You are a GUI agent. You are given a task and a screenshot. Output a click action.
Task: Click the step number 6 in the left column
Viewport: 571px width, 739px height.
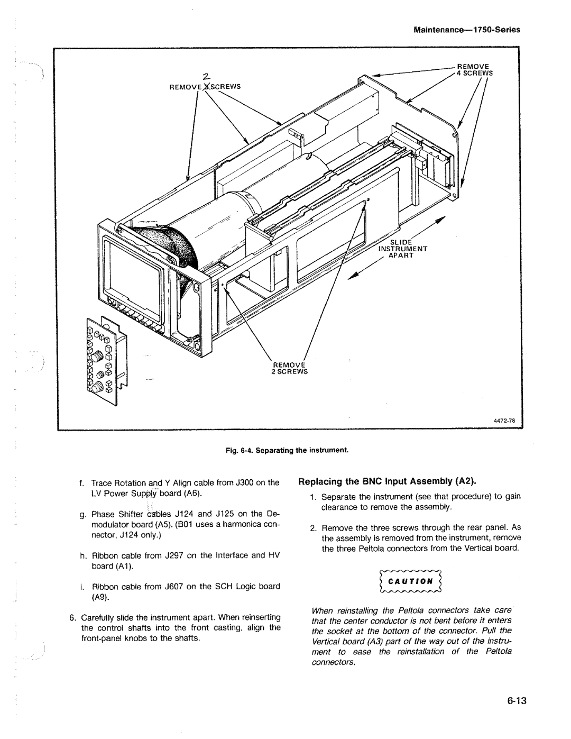click(x=71, y=617)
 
